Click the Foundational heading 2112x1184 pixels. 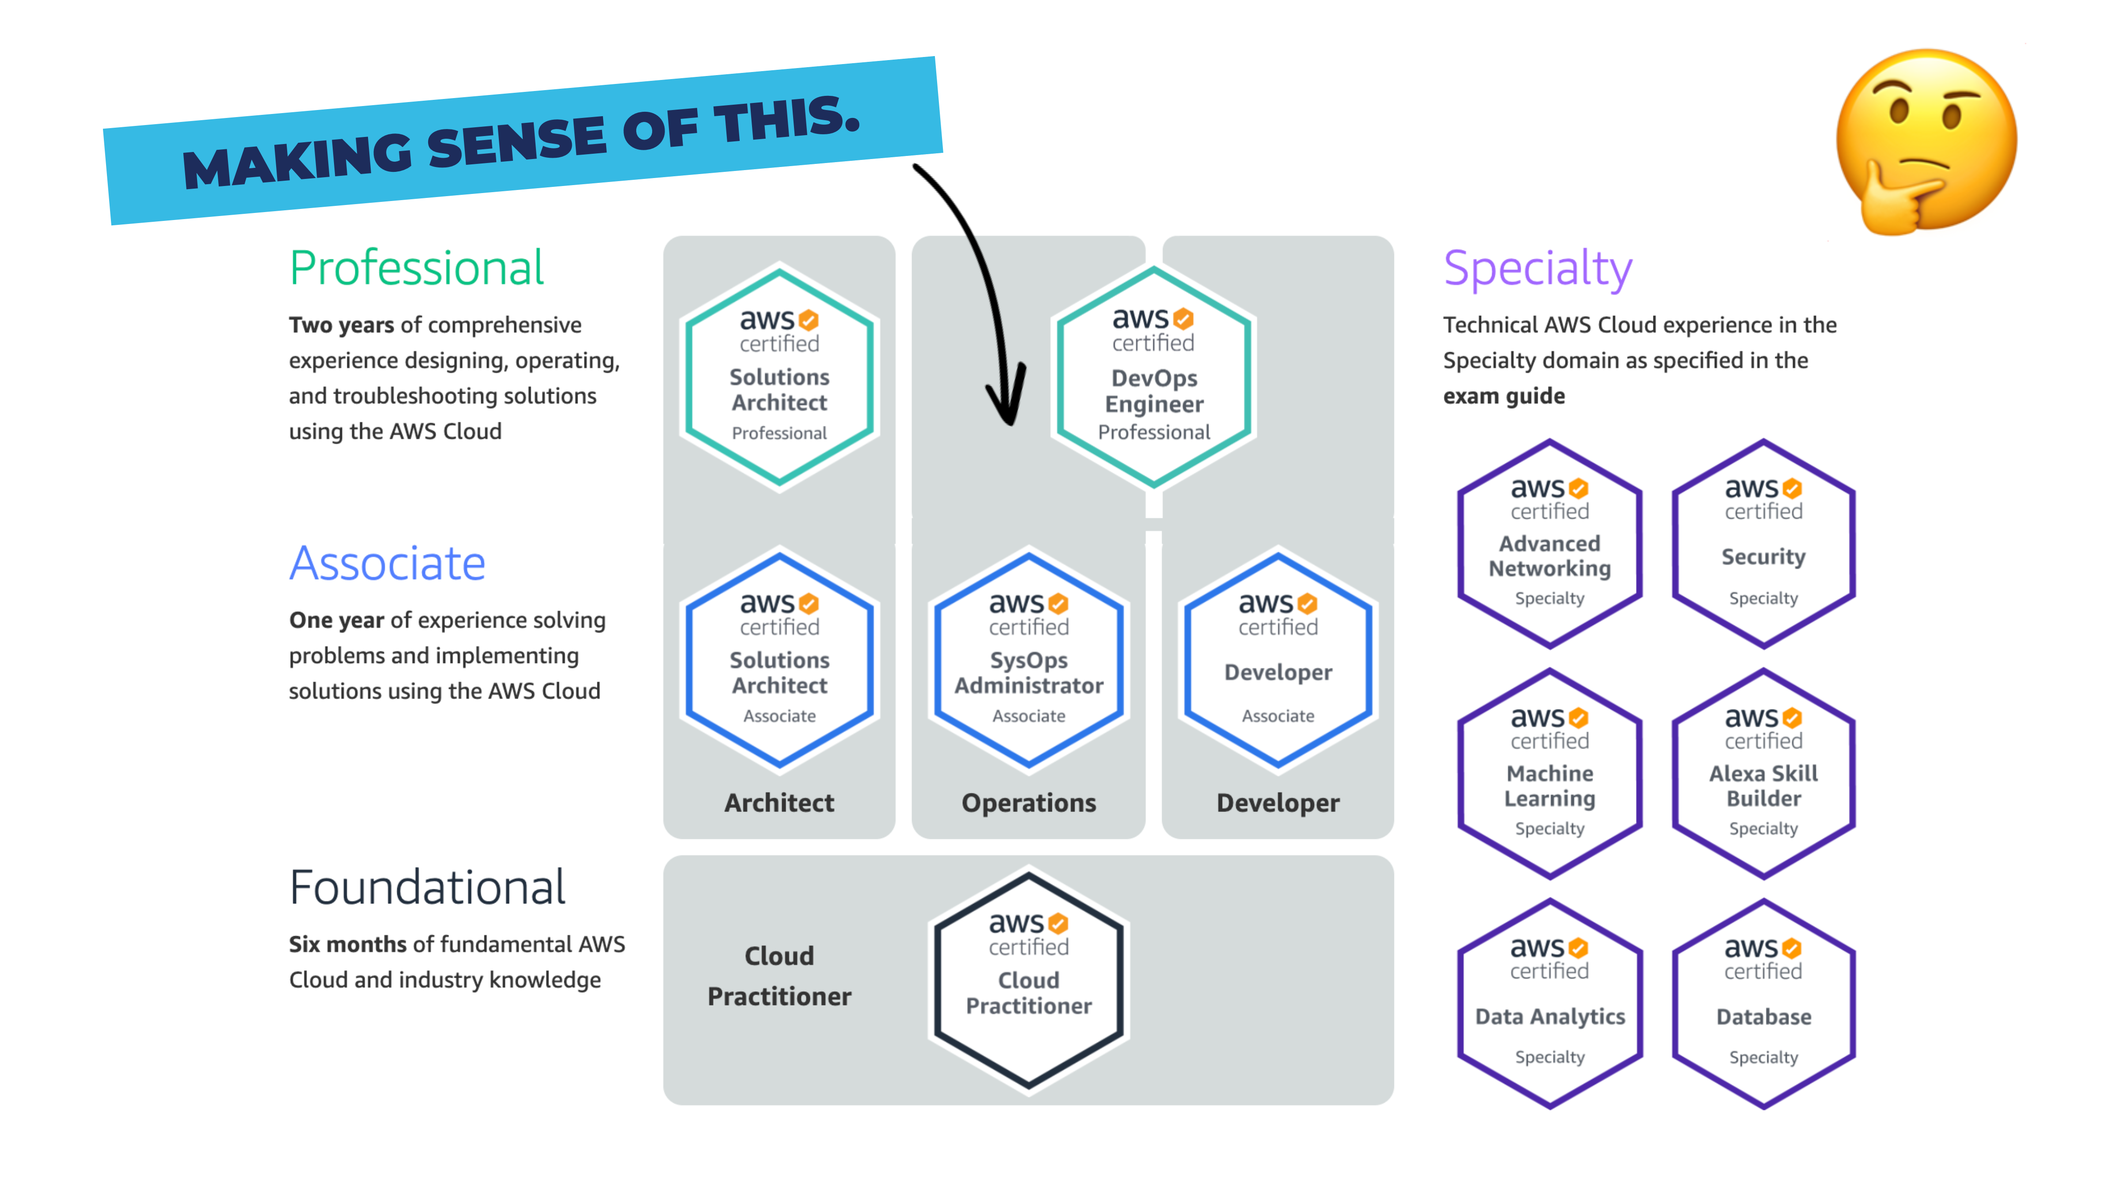point(427,887)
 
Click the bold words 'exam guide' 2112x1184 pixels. point(1504,396)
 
